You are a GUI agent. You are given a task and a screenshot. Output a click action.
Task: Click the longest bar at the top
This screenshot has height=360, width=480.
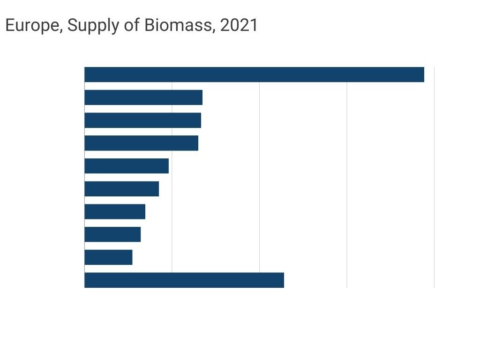pyautogui.click(x=254, y=75)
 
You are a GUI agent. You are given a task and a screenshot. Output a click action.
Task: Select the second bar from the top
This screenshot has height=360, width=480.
pyautogui.click(x=143, y=97)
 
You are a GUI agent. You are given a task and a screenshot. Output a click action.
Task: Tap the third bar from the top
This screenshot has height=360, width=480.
pyautogui.click(x=142, y=120)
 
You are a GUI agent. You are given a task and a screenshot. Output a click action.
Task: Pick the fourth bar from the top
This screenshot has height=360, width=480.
pyautogui.click(x=141, y=143)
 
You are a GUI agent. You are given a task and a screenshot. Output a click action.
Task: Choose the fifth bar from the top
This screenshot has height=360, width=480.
pyautogui.click(x=127, y=166)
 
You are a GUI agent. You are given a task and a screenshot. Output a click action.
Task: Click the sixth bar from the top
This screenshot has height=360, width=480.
pyautogui.click(x=121, y=189)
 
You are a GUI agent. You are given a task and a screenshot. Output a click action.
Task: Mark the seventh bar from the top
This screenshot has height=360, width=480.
pyautogui.click(x=115, y=211)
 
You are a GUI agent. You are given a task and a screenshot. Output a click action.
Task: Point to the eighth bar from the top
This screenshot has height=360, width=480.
pyautogui.click(x=112, y=234)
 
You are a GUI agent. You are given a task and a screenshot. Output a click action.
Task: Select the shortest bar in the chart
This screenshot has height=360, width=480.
pyautogui.click(x=108, y=257)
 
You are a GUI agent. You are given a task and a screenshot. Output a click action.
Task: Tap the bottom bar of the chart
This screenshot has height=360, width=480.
pyautogui.click(x=184, y=280)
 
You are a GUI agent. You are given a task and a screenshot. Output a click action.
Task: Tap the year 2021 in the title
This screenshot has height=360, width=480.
pyautogui.click(x=239, y=25)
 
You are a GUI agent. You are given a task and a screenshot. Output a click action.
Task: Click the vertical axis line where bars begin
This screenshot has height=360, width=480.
pyautogui.click(x=84, y=178)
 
